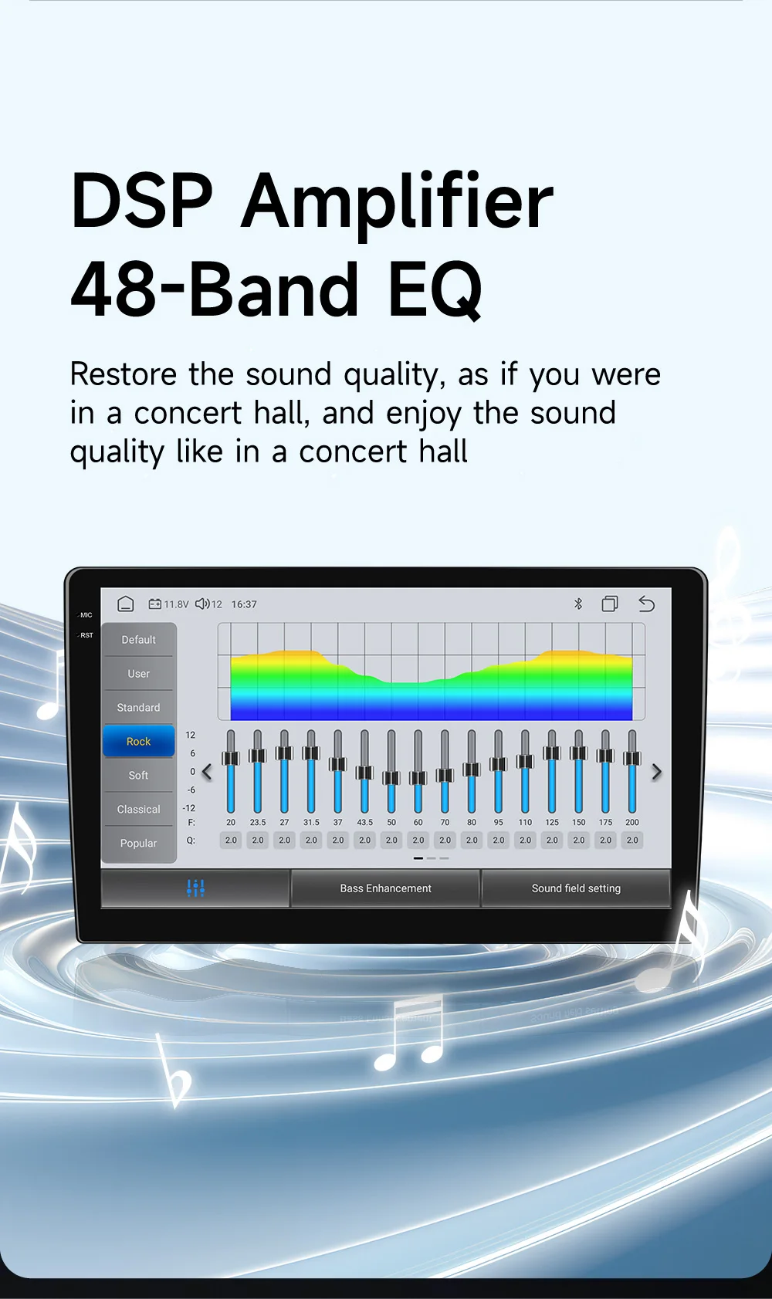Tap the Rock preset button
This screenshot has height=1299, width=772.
tap(139, 741)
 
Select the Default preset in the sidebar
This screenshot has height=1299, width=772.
tap(139, 640)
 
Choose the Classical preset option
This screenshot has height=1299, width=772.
tap(139, 809)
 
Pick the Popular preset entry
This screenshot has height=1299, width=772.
tap(139, 843)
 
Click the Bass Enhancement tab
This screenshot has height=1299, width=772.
tap(386, 888)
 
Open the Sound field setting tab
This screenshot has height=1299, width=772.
tap(576, 888)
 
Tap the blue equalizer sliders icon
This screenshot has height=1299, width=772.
tap(195, 888)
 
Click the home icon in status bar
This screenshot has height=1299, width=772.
tap(125, 604)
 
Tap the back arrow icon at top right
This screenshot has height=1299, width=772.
tap(646, 604)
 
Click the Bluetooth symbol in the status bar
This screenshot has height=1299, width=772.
tap(577, 604)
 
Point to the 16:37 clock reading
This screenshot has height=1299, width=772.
tap(244, 604)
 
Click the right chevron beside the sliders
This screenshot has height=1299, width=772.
tap(656, 772)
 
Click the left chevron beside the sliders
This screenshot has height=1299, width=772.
tap(207, 772)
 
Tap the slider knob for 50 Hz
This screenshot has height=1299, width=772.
tap(391, 778)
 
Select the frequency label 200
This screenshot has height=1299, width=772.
tap(632, 822)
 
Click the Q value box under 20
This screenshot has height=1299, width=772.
tap(231, 840)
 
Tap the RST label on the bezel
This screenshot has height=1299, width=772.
tap(86, 635)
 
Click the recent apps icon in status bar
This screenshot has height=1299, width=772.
tap(610, 604)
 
